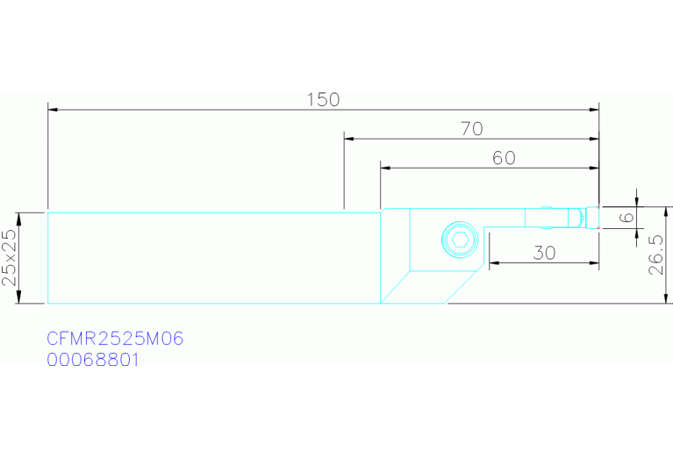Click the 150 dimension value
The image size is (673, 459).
(323, 100)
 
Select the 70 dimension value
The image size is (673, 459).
(472, 129)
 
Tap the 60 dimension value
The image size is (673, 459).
(504, 158)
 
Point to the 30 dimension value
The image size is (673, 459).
(544, 253)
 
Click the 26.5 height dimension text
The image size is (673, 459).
(655, 255)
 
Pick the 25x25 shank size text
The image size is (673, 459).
(9, 258)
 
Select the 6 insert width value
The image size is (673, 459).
(627, 218)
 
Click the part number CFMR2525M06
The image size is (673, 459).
(115, 339)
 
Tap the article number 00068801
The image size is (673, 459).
(93, 360)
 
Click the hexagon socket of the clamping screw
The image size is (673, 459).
(460, 240)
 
